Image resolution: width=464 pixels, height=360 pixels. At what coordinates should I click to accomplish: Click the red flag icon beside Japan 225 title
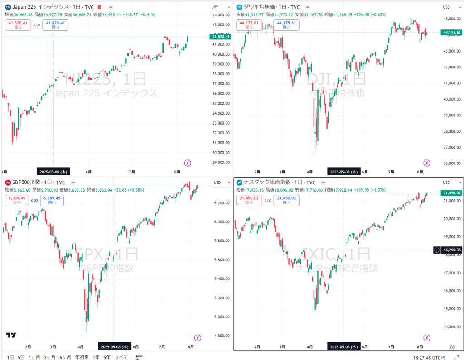point(100,7)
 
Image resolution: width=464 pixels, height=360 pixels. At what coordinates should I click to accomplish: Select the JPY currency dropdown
point(216,7)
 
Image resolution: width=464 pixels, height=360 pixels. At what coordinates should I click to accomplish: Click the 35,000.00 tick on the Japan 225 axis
point(221,103)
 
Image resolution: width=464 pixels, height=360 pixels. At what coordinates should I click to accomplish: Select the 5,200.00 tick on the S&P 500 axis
point(221,298)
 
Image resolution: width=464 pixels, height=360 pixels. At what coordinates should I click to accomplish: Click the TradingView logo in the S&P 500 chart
point(11,335)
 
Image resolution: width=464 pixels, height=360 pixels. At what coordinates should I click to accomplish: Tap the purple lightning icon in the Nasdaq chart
point(426,338)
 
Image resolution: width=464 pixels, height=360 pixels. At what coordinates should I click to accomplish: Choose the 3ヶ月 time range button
point(50,357)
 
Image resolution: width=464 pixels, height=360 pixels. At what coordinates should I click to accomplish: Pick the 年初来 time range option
point(81,357)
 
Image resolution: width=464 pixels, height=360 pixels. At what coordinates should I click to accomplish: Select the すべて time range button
point(121,357)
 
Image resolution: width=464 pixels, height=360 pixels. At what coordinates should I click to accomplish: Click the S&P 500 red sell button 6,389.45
point(17,200)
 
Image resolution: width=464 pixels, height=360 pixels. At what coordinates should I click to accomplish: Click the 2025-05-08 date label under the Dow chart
point(344,172)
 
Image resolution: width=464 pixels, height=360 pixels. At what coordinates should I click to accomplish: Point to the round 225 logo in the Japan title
point(8,7)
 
